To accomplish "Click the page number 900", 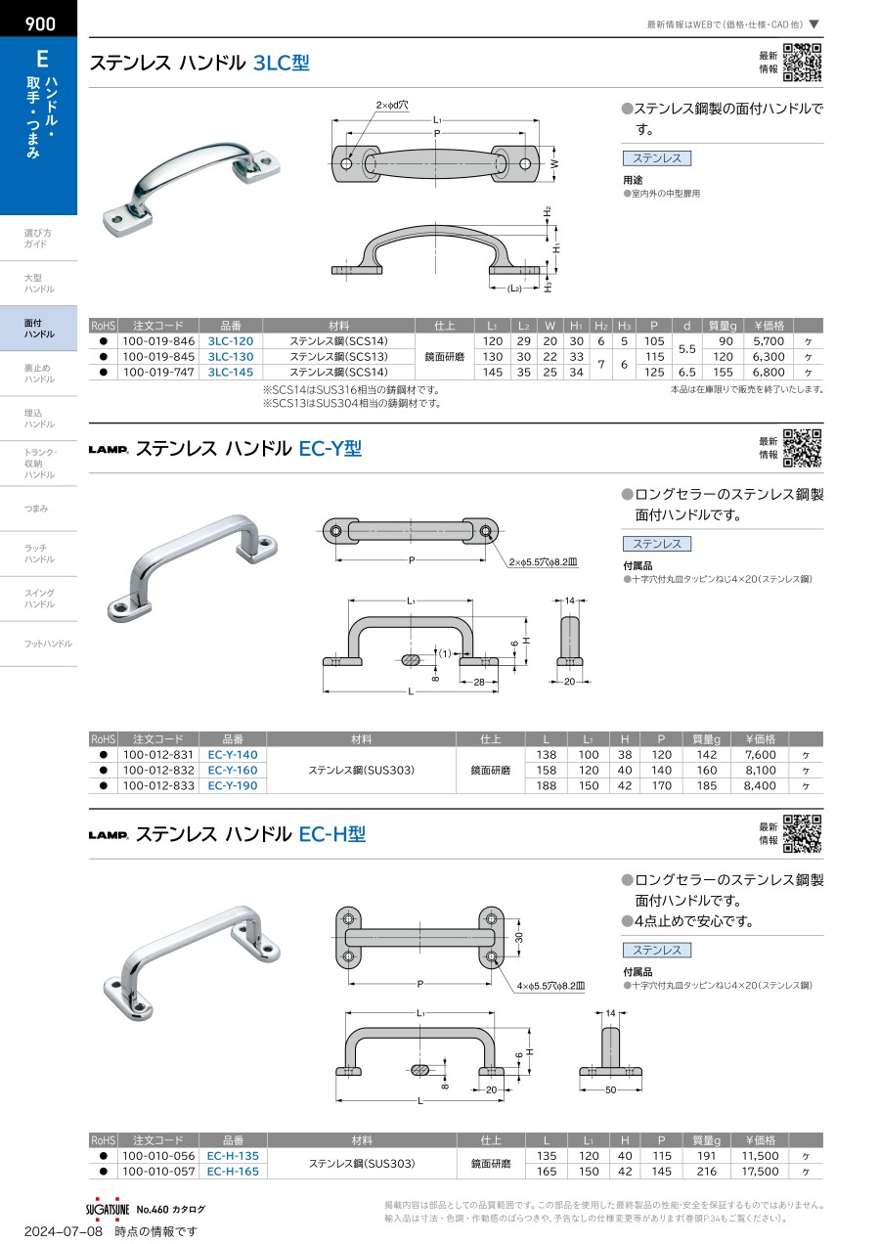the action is (40, 23).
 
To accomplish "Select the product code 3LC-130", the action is (231, 357).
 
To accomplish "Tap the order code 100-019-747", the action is (158, 372).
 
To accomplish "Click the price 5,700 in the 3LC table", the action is (769, 341).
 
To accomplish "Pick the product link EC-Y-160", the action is (233, 771).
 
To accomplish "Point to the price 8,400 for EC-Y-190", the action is (760, 786).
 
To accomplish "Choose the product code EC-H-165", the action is (233, 1172).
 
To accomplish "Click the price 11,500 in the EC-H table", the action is (760, 1156).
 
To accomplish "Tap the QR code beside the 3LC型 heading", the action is (803, 63).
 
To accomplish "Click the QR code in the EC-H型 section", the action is (803, 833).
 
